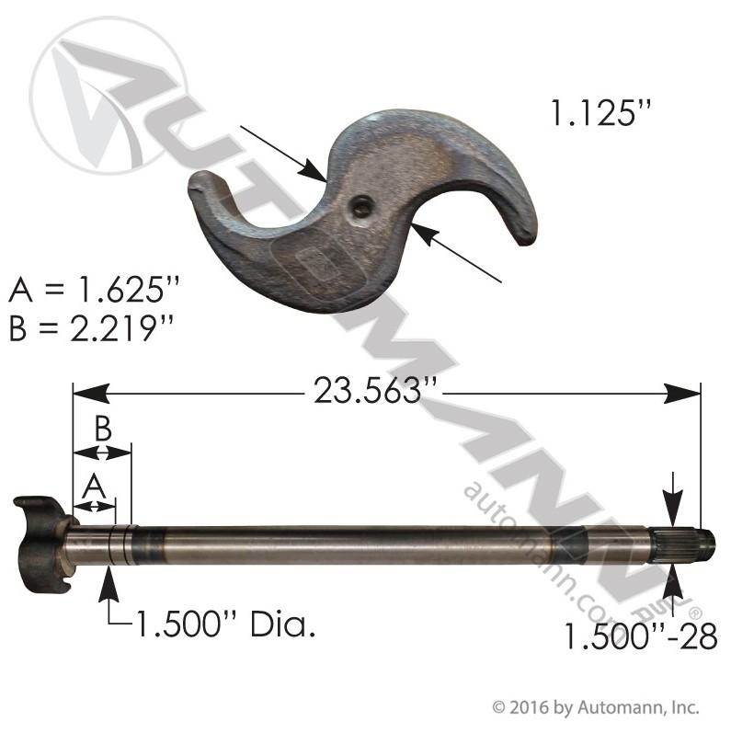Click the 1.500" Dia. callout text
point(225,624)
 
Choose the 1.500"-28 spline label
point(641,636)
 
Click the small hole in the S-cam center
point(361,207)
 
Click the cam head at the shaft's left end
point(43,544)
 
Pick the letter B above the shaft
point(103,428)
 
